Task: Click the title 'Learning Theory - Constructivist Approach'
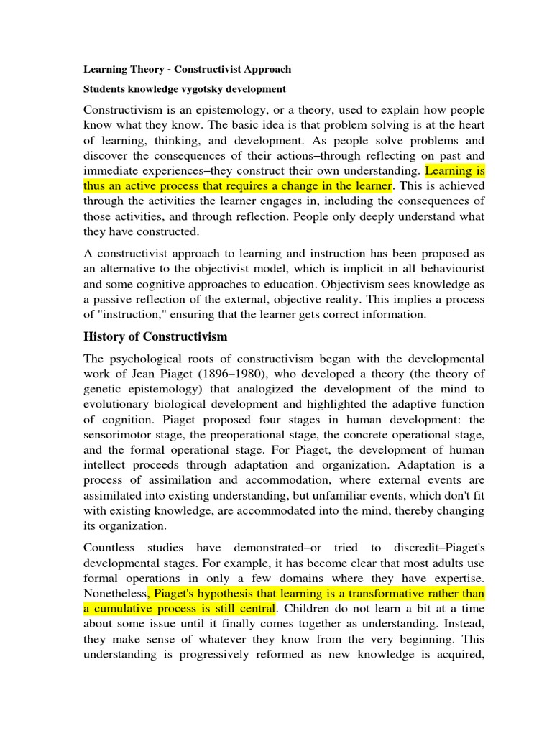pyautogui.click(x=188, y=70)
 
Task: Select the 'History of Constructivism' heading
pyautogui.click(x=155, y=337)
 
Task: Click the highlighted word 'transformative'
pyautogui.click(x=387, y=593)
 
